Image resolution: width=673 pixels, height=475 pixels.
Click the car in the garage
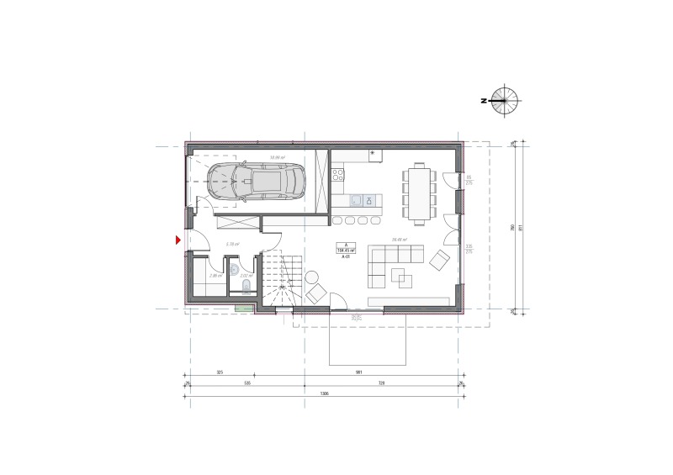point(257,181)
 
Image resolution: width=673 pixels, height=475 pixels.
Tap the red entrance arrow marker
point(178,241)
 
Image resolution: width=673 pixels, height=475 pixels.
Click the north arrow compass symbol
point(505,100)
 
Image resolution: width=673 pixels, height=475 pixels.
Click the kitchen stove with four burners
point(338,175)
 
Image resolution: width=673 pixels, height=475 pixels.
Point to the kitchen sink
point(357,200)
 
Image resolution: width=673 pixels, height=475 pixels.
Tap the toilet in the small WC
point(245,288)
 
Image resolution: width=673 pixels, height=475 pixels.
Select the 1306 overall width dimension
point(325,393)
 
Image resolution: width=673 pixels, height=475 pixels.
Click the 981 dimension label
point(384,372)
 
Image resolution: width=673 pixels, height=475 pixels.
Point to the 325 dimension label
point(219,372)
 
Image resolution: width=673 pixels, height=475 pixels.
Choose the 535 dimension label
point(248,383)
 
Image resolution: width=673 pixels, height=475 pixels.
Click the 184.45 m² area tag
point(346,250)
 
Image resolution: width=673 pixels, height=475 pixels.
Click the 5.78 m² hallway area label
point(232,244)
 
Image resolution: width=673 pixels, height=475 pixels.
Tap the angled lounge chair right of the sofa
point(439,261)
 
